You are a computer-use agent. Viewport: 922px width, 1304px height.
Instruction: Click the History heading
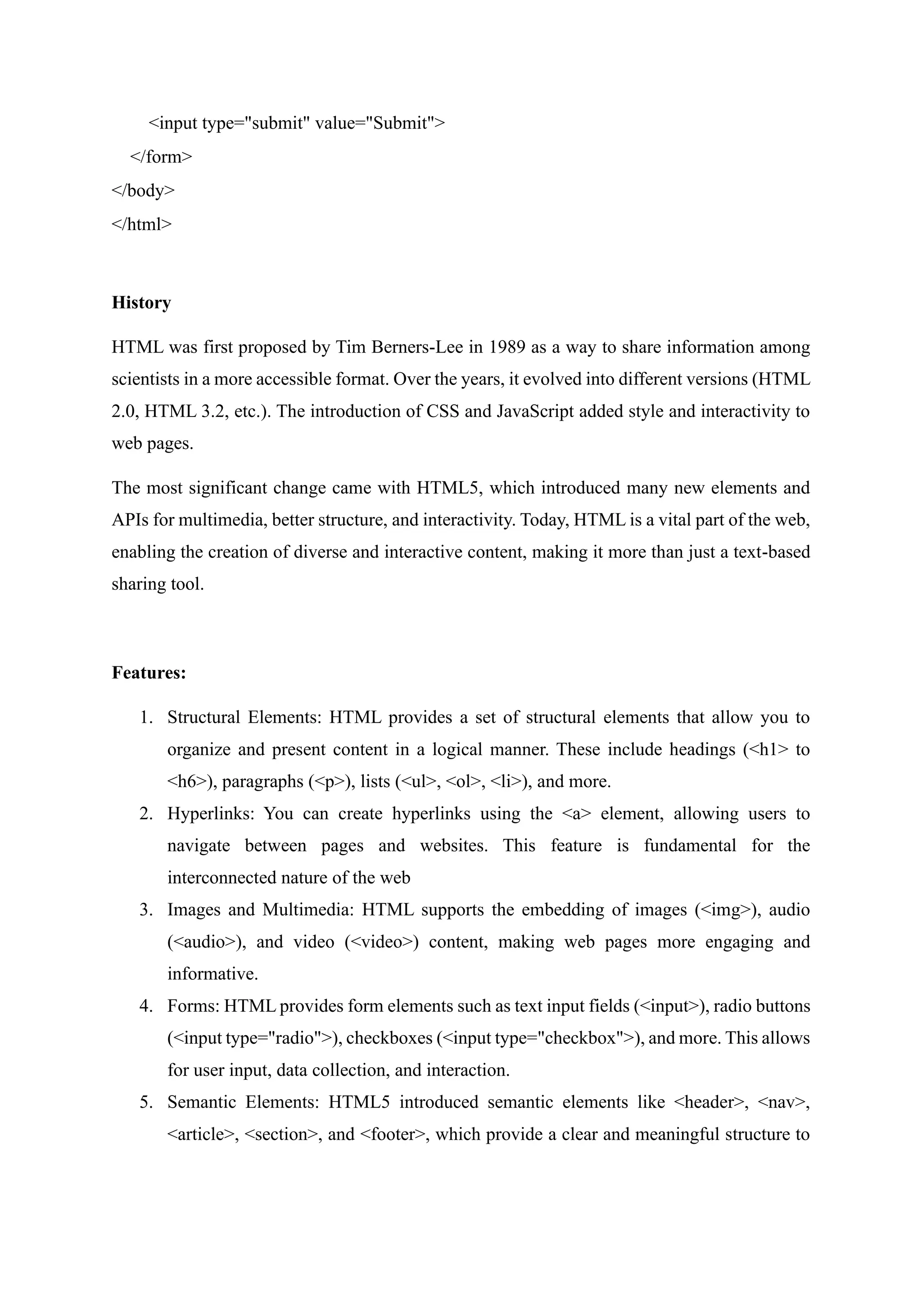pyautogui.click(x=141, y=303)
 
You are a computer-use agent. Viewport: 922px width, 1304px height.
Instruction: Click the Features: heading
pyautogui.click(x=149, y=673)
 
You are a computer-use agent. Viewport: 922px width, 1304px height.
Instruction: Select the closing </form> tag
pyautogui.click(x=161, y=157)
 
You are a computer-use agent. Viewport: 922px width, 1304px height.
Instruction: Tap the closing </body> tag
pyautogui.click(x=143, y=190)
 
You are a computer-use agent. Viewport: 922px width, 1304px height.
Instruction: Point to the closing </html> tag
pyautogui.click(x=141, y=224)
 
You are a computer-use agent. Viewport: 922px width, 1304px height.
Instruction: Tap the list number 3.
pyautogui.click(x=146, y=910)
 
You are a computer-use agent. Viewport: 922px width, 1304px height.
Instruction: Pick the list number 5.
pyautogui.click(x=146, y=1102)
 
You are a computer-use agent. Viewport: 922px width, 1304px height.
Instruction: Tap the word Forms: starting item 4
pyautogui.click(x=193, y=1006)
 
